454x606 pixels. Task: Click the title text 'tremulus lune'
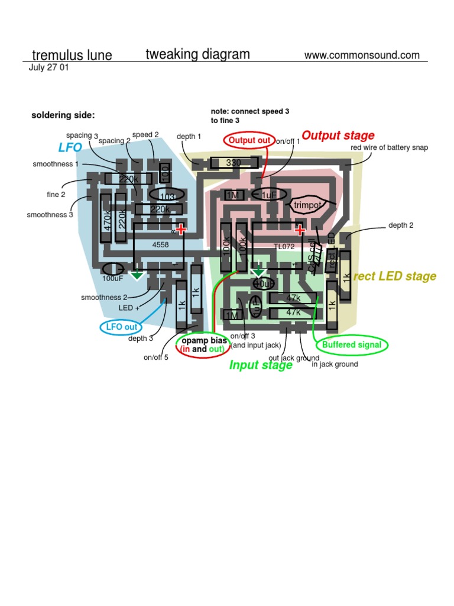tap(72, 56)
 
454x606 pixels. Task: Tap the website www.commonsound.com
tap(362, 55)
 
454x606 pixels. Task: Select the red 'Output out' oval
tap(249, 140)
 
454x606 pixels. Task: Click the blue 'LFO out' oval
tap(121, 327)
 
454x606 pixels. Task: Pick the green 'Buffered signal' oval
tap(352, 344)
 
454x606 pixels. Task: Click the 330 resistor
tap(234, 162)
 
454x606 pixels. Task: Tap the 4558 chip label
tap(161, 244)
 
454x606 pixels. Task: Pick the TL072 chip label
tap(284, 246)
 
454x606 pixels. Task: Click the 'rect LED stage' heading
tap(395, 276)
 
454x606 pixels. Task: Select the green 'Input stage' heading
tap(261, 365)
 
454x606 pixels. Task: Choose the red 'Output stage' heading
tap(338, 136)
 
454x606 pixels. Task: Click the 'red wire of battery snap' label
tap(389, 147)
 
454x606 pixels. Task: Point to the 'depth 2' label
tap(401, 225)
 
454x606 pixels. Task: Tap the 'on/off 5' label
tap(156, 357)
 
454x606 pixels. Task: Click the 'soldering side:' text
tap(63, 115)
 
